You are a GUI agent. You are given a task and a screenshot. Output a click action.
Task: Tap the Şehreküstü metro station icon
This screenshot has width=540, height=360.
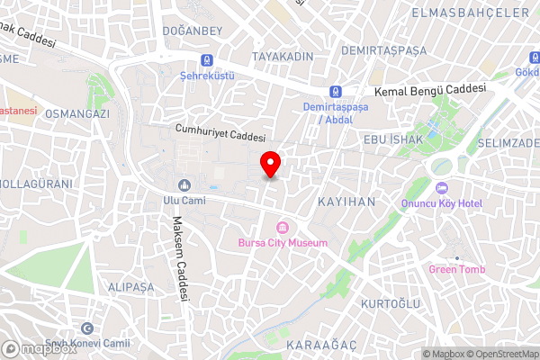tap(209, 60)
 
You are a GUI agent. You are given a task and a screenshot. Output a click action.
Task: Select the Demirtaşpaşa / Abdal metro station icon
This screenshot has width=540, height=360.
tap(336, 92)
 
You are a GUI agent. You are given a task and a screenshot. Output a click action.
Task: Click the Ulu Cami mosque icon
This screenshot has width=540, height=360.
tap(184, 184)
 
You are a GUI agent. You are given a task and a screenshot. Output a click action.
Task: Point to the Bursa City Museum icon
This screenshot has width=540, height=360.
tap(283, 226)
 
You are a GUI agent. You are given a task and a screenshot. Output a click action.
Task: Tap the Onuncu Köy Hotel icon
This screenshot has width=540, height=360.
tap(441, 188)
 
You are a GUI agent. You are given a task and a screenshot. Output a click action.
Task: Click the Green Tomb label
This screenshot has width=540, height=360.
tap(455, 269)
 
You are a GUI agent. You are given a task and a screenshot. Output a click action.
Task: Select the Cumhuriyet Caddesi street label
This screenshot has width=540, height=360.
tap(220, 134)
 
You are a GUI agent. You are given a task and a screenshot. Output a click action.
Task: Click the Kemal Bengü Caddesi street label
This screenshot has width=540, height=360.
tap(429, 90)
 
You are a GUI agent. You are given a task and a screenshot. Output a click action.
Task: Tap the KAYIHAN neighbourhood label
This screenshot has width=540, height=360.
tap(346, 202)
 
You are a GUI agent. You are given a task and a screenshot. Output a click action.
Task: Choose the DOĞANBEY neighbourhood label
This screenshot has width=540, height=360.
tap(192, 31)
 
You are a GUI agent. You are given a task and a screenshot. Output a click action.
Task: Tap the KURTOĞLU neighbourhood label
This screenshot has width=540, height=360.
tap(390, 304)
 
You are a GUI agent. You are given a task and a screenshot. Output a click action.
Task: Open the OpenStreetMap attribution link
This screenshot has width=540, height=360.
tap(502, 353)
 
